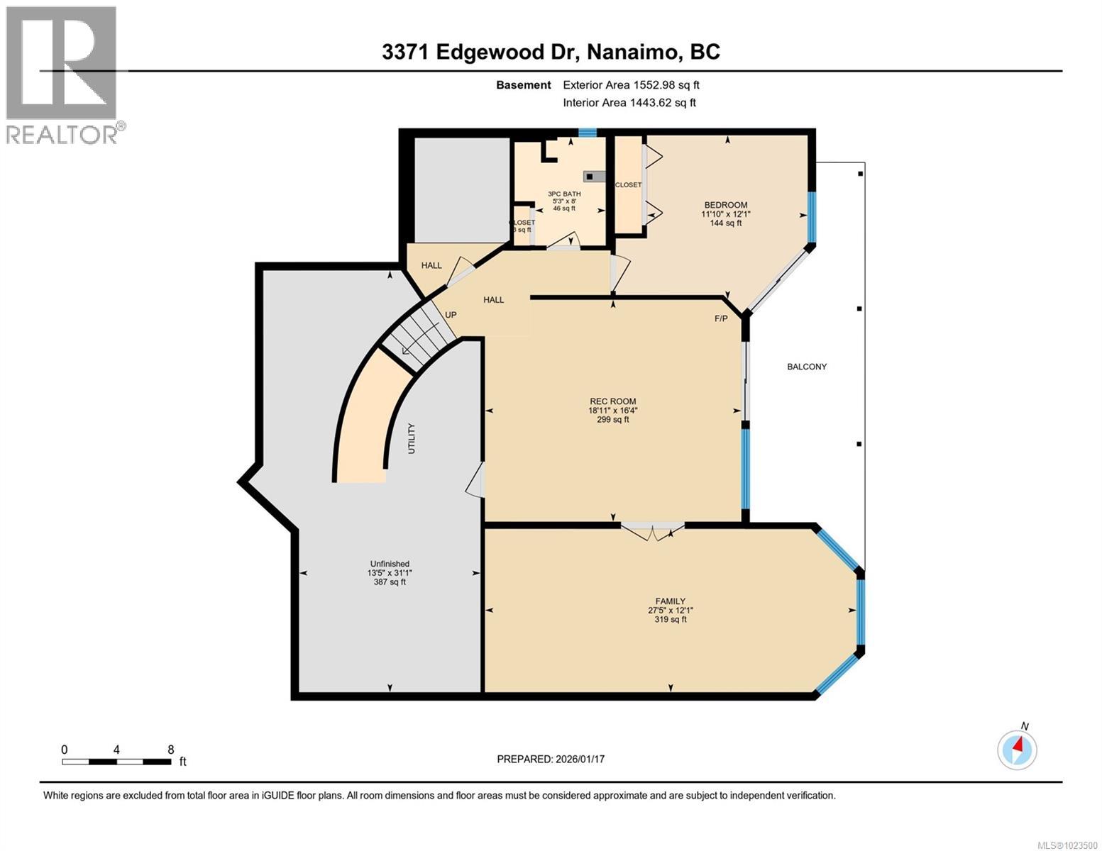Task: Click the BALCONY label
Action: click(807, 367)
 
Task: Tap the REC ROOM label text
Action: click(612, 401)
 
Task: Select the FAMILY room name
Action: click(670, 601)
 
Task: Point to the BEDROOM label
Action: click(725, 205)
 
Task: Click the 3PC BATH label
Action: click(564, 194)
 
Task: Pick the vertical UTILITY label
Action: click(412, 438)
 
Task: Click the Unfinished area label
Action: click(390, 564)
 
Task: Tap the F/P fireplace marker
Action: click(721, 318)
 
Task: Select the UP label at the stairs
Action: click(451, 315)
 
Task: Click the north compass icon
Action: click(1017, 749)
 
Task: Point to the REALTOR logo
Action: click(62, 74)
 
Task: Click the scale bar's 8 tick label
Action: click(170, 750)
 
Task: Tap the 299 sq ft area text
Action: click(612, 420)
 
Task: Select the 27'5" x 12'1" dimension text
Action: click(670, 611)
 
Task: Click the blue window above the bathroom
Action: click(587, 132)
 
